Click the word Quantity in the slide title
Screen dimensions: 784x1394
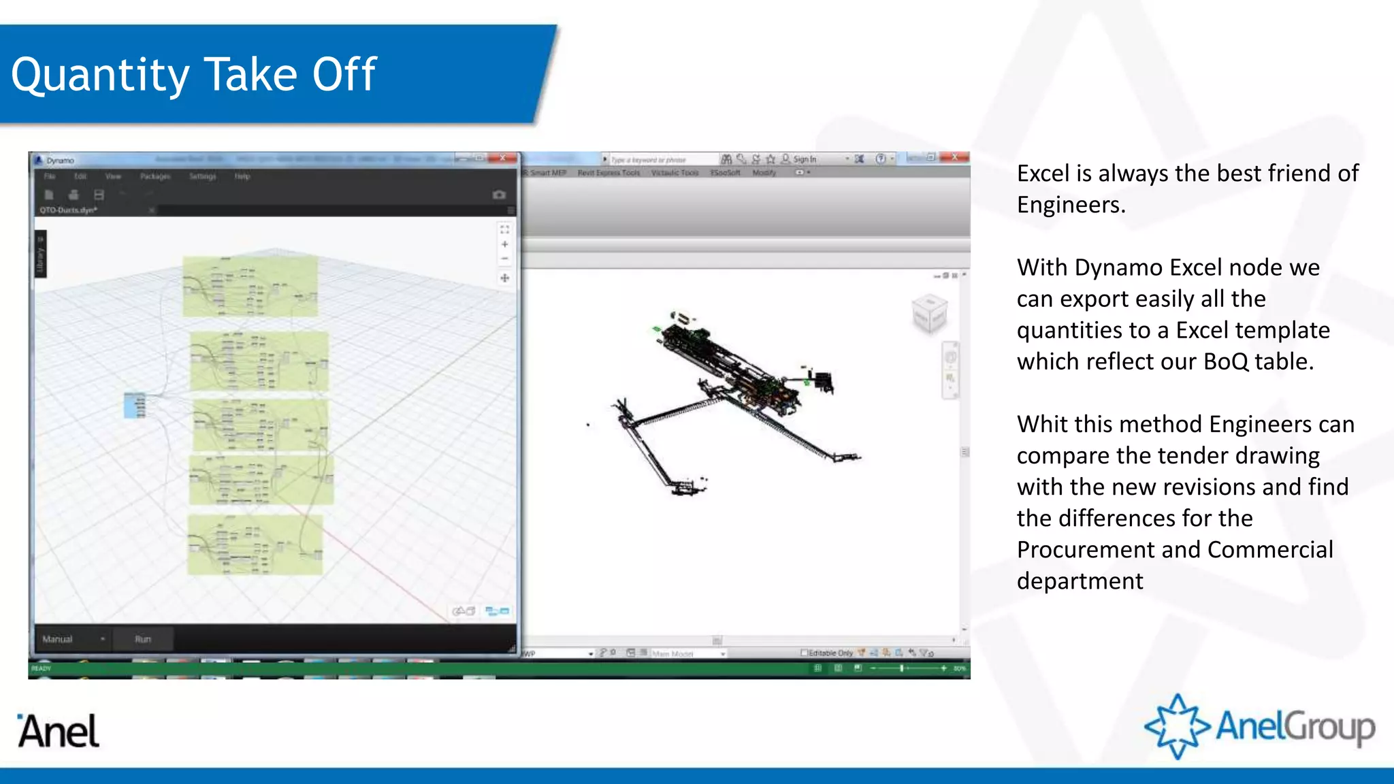(99, 75)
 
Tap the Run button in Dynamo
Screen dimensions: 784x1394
(143, 639)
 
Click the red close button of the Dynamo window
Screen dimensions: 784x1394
(503, 158)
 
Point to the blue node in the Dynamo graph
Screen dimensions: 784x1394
(135, 405)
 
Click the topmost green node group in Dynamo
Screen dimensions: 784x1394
(250, 286)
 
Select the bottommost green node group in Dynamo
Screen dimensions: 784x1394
(255, 544)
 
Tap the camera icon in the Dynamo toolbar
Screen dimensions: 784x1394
(499, 195)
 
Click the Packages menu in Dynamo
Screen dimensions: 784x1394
(155, 176)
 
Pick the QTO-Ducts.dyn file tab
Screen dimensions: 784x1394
(68, 210)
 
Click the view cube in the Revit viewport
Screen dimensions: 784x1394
(929, 313)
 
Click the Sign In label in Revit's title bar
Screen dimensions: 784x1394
(805, 159)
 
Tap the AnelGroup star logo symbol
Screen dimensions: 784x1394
(1177, 726)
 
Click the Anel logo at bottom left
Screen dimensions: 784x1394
(59, 731)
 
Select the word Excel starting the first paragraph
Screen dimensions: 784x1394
(1043, 174)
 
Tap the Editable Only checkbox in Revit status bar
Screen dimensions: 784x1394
(805, 653)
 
